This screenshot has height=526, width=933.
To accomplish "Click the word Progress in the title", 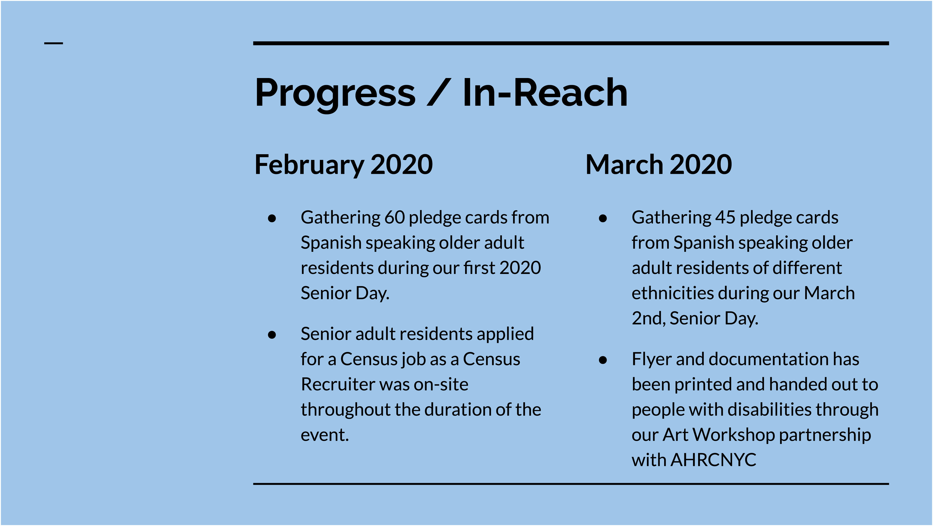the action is (335, 93).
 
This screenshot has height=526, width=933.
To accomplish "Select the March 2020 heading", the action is (659, 165).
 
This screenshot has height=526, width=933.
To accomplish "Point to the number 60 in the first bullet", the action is (394, 218).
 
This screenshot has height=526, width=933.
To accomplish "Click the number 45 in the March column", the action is (725, 218).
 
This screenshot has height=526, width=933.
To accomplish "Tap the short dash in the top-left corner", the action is (54, 43).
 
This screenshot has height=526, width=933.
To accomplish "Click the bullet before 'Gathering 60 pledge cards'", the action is (272, 218).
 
